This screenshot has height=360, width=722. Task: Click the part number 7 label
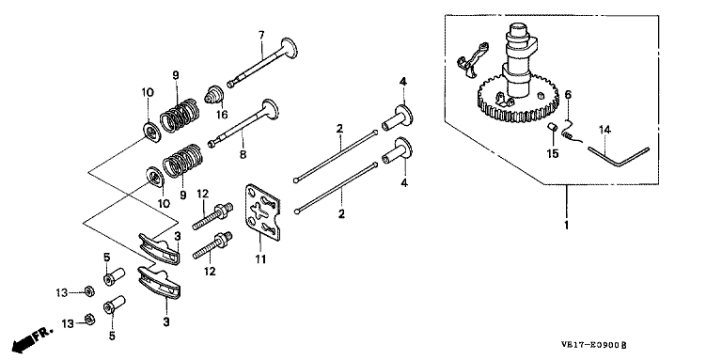click(x=261, y=35)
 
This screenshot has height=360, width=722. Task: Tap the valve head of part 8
click(x=271, y=110)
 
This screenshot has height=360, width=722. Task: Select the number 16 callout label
click(x=222, y=115)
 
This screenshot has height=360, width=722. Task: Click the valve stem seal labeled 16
click(x=214, y=94)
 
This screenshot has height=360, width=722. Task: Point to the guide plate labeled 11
click(x=262, y=212)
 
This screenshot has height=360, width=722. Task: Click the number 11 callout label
click(x=261, y=259)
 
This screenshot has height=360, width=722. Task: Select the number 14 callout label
click(x=604, y=131)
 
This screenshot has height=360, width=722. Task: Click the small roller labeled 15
click(x=551, y=127)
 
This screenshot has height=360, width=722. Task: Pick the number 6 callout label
click(x=568, y=95)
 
